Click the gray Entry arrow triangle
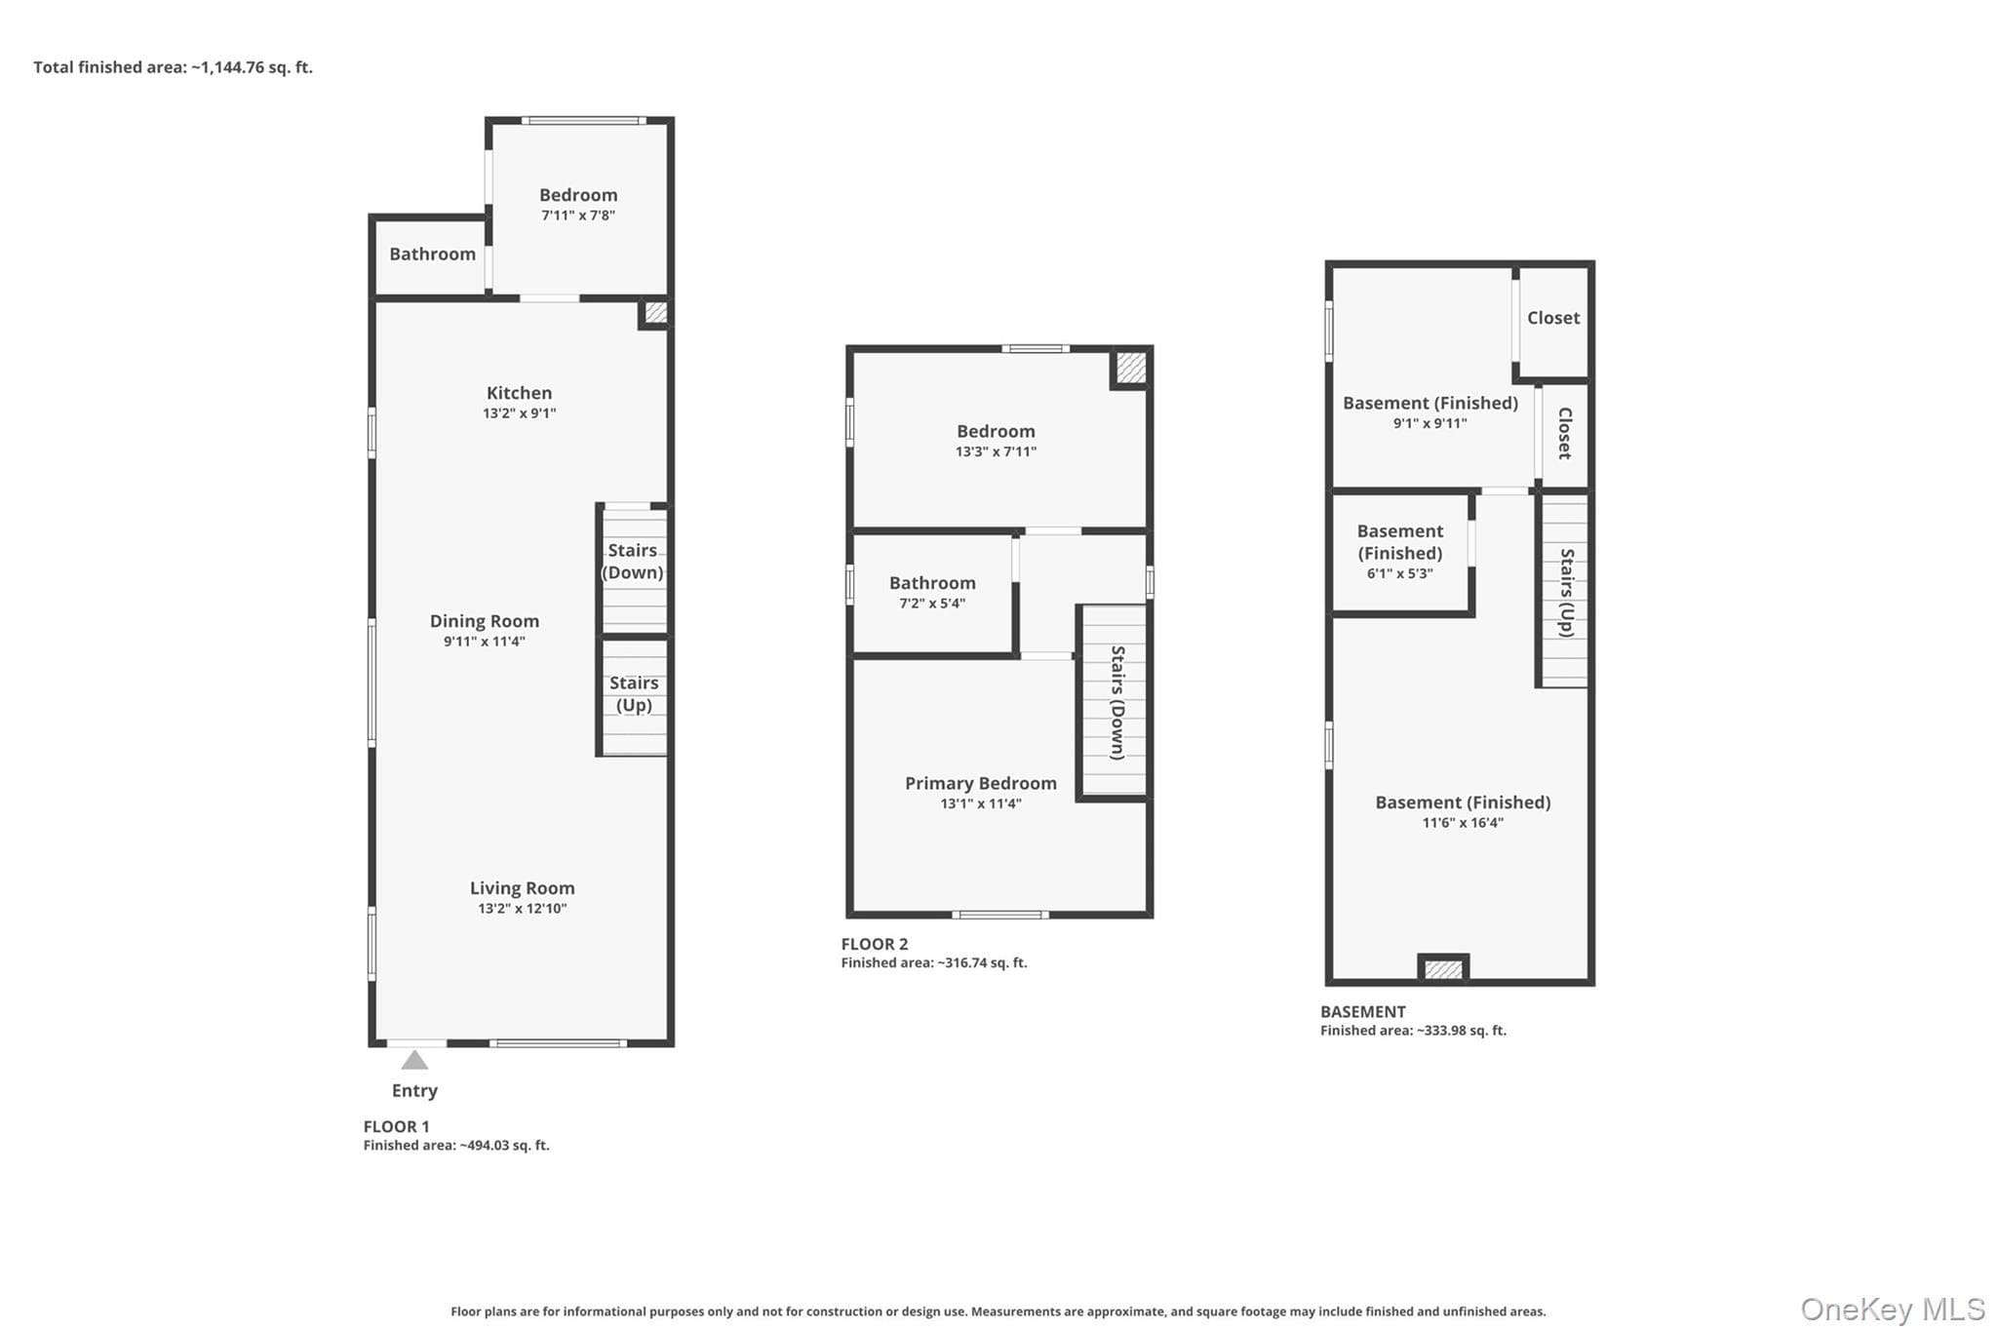click(x=414, y=1060)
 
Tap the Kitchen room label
click(x=519, y=393)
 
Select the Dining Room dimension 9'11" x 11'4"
click(x=485, y=642)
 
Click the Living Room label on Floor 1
click(x=523, y=888)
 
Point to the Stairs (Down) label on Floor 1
click(x=633, y=562)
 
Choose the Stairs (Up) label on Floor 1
click(x=634, y=694)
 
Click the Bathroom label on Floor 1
click(x=433, y=254)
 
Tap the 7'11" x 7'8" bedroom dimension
click(x=578, y=215)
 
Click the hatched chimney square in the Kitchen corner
click(x=656, y=312)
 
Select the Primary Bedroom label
click(x=981, y=783)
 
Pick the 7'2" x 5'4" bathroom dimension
click(x=932, y=604)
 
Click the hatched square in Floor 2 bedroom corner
click(x=1131, y=368)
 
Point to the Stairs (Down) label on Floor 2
click(x=1118, y=702)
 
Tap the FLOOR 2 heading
click(x=875, y=944)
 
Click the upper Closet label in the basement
click(x=1553, y=318)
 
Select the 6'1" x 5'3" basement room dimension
click(x=1400, y=574)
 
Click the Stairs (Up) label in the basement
click(x=1567, y=593)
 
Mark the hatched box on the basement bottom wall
click(x=1443, y=969)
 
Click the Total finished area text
click(x=174, y=67)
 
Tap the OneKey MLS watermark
click(x=1893, y=1309)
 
